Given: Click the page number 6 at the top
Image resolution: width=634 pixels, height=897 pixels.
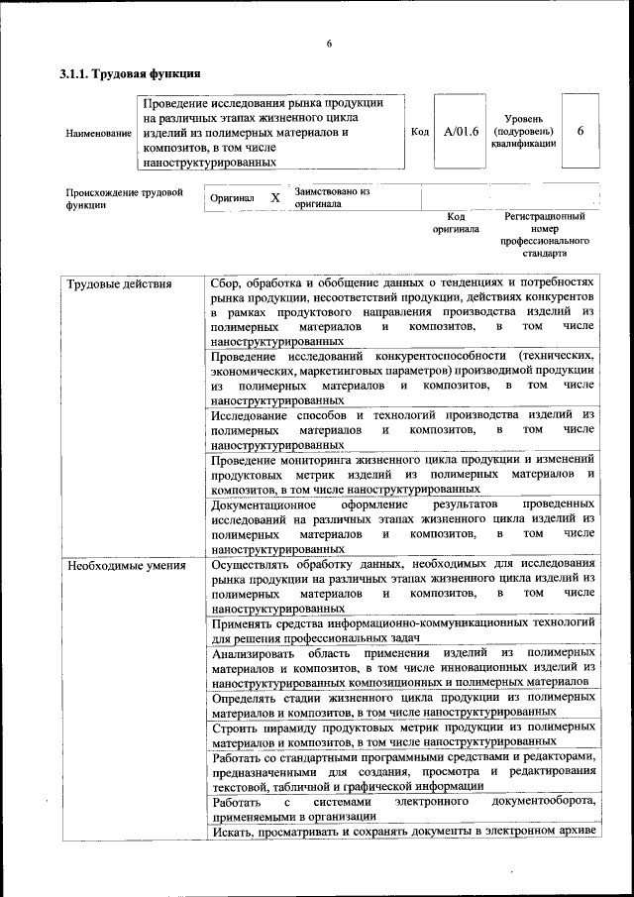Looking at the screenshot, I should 329,43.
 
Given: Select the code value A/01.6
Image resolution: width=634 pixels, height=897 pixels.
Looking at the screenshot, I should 462,131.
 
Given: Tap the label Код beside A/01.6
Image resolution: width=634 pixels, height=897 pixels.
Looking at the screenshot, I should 419,132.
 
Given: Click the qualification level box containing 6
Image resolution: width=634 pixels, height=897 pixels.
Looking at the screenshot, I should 581,131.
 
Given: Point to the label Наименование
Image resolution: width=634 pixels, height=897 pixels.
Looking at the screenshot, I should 99,133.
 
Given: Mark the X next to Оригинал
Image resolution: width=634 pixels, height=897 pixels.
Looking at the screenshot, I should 275,197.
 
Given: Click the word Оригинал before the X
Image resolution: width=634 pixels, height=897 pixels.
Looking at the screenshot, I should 233,198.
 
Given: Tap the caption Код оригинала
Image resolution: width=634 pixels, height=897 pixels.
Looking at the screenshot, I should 456,222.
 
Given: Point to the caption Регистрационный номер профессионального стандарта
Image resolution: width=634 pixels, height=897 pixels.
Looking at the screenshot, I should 544,235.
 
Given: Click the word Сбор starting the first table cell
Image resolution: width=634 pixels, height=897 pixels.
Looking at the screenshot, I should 229,283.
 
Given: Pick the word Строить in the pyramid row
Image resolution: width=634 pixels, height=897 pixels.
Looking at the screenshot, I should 237,729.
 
